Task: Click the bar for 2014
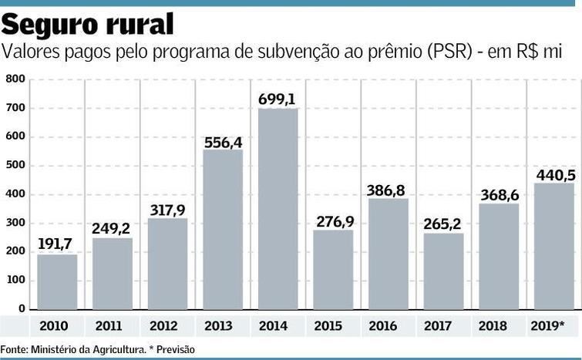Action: (278, 209)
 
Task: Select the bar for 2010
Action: (57, 281)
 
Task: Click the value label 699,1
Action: (278, 99)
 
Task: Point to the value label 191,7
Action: (57, 245)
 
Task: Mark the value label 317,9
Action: (167, 210)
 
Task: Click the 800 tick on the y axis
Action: (15, 79)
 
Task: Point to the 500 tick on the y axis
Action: (15, 165)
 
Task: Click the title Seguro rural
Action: (86, 25)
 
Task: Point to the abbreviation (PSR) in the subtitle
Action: (439, 52)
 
